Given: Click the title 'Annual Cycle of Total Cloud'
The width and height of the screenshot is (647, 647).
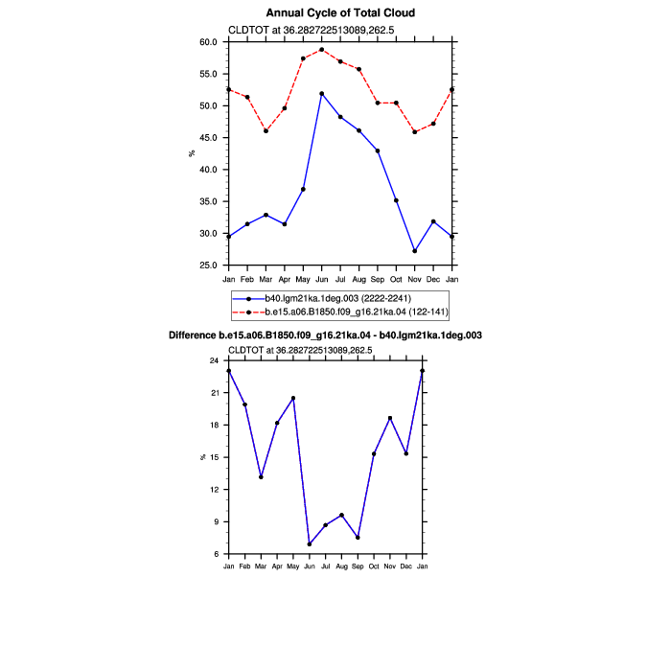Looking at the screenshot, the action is [340, 13].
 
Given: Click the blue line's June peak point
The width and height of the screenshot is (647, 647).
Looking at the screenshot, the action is [322, 94].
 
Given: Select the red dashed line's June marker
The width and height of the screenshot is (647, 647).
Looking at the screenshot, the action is [322, 50].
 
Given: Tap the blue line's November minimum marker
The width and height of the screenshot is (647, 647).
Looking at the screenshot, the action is [415, 251].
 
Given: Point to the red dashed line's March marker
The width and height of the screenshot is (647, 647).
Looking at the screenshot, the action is [266, 131].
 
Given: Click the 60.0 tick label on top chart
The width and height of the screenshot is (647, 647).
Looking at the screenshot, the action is [208, 42].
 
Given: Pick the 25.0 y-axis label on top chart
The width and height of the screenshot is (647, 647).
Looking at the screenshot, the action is [208, 266].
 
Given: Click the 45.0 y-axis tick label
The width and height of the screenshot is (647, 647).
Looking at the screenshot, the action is [208, 138].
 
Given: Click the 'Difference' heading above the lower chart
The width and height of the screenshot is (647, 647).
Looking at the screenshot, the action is [325, 335].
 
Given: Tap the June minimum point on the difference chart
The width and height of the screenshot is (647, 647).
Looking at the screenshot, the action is [310, 544].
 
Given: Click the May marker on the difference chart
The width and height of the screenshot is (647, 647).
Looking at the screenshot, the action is [293, 398].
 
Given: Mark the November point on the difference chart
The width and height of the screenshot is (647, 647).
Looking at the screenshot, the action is [390, 419].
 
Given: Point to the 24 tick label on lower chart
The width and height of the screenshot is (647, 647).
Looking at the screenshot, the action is [214, 360].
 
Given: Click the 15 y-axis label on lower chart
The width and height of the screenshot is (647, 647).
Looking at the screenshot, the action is [214, 457].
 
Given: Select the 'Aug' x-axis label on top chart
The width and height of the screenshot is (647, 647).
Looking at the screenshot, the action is [359, 280].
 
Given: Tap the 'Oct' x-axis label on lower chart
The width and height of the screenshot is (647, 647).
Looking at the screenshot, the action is [374, 566].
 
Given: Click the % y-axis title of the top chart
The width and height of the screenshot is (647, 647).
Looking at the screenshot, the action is [192, 153].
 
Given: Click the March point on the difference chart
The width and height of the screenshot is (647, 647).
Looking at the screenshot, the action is [261, 477].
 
